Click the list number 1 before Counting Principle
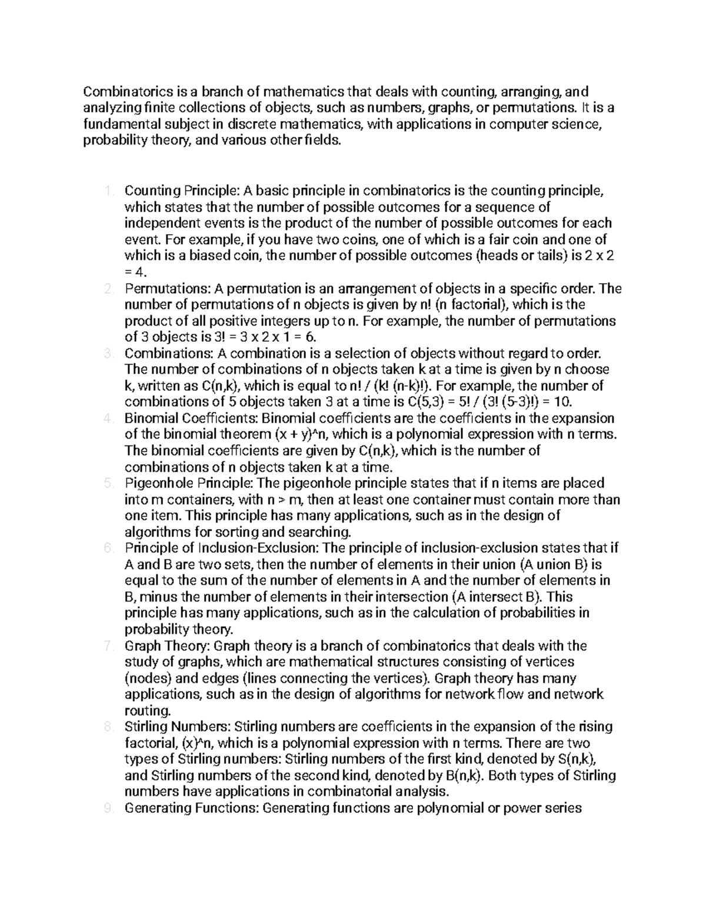[106, 191]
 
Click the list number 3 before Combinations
[106, 354]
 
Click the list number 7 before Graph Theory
[106, 646]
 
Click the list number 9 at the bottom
[106, 807]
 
